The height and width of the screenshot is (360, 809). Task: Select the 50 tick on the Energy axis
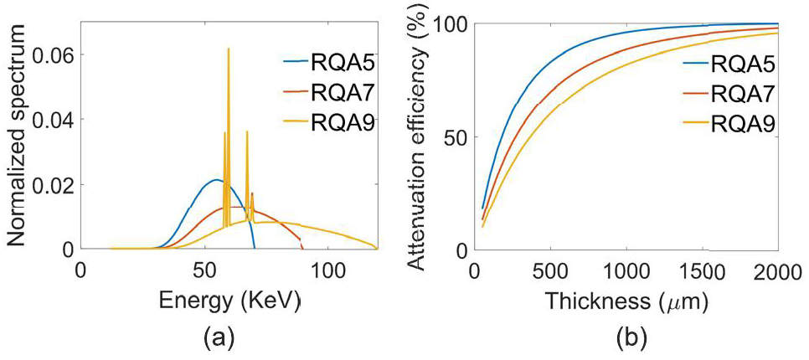pos(204,270)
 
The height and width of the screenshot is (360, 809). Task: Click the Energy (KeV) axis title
pos(228,298)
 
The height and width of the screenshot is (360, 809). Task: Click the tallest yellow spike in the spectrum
pos(228,50)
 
